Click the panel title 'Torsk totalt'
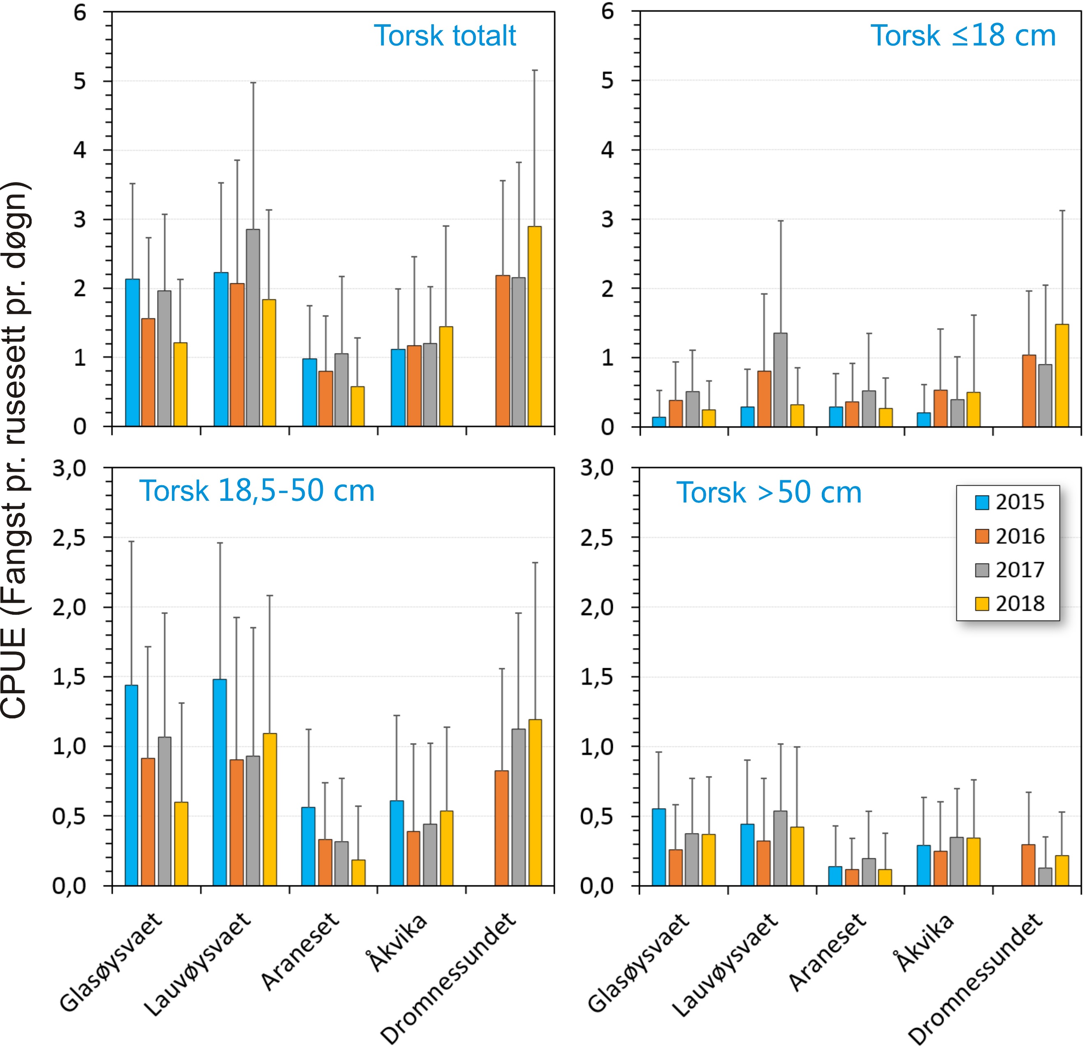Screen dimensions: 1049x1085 (x=445, y=36)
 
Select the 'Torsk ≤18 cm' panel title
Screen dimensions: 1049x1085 (x=963, y=36)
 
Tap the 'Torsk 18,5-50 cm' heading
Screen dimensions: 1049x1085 (x=257, y=491)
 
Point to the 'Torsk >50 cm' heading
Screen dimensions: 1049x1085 (x=769, y=492)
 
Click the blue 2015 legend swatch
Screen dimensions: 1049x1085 (x=981, y=502)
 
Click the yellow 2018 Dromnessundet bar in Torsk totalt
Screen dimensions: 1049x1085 (x=534, y=327)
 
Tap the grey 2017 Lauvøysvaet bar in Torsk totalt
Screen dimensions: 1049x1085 (x=253, y=328)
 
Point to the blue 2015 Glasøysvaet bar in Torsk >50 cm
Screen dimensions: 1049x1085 (x=659, y=847)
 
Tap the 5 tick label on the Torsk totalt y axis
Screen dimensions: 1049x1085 (x=80, y=81)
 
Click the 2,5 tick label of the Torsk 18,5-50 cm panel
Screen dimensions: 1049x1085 (x=69, y=538)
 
